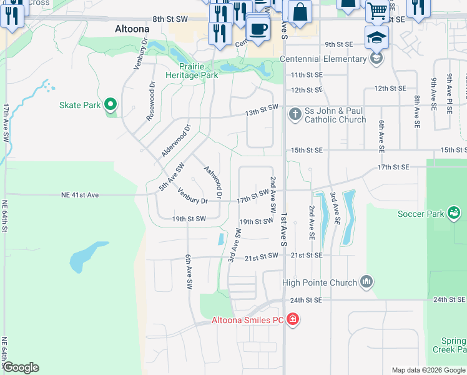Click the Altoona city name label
(132, 29)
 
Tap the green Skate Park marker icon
(111, 105)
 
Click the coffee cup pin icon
(257, 28)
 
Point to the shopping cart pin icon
(376, 10)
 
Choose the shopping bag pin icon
(300, 12)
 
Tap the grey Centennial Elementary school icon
(376, 59)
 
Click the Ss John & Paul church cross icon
(295, 114)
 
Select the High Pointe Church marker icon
(366, 283)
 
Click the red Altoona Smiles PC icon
(292, 320)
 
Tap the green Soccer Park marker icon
(455, 214)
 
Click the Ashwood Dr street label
(214, 181)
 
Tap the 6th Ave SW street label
(188, 271)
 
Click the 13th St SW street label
(261, 110)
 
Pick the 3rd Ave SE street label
(335, 208)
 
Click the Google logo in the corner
(21, 367)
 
